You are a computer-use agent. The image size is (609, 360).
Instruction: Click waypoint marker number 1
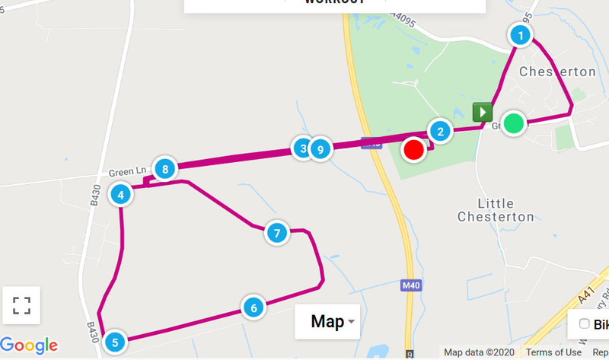[x=521, y=35]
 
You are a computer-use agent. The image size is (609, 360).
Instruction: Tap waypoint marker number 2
[x=440, y=131]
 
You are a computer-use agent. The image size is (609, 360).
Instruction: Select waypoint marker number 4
[x=121, y=195]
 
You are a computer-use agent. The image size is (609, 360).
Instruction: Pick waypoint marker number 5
[x=114, y=342]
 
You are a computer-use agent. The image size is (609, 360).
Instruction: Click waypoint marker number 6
[x=253, y=307]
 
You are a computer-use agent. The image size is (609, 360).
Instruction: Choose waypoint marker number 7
[x=277, y=233]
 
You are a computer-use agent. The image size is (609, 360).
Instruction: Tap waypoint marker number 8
[x=164, y=169]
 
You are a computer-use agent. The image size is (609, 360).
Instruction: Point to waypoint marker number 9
[x=320, y=149]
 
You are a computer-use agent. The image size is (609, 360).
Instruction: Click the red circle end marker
[x=413, y=150]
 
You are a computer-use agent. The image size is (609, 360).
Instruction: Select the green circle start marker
[x=515, y=123]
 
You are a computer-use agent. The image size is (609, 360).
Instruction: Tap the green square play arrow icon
[x=482, y=113]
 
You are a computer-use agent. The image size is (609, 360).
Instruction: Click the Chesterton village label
[x=557, y=72]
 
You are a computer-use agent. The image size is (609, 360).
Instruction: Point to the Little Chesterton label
[x=496, y=210]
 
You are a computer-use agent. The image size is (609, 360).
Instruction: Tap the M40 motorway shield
[x=410, y=285]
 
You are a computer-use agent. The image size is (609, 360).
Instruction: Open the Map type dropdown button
[x=327, y=322]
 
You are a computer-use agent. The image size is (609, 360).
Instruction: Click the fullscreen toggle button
[x=22, y=306]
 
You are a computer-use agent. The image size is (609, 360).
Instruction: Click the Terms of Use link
[x=553, y=352]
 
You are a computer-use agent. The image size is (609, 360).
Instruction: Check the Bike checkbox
[x=585, y=324]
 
